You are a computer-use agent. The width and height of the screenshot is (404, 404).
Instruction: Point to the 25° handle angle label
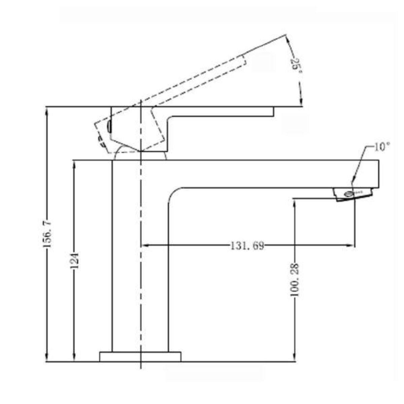(x=295, y=68)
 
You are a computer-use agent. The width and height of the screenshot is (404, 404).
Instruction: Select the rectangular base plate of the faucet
(x=140, y=357)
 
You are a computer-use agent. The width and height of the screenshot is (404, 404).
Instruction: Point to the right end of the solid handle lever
(x=273, y=112)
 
